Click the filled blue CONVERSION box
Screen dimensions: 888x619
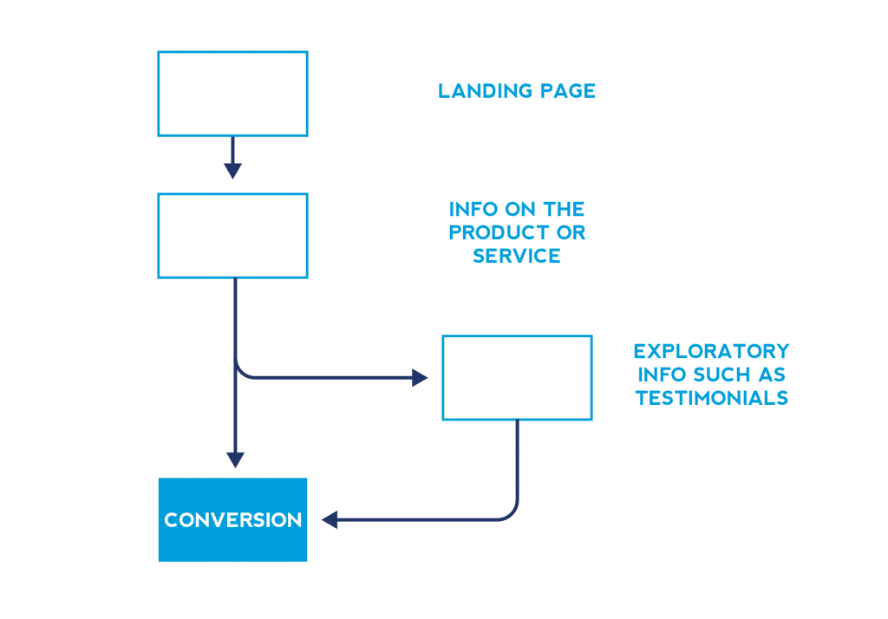232,520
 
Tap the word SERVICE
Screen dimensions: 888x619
517,256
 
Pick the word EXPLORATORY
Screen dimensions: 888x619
711,351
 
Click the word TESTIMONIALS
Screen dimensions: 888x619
712,398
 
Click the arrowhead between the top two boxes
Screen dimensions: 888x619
232,171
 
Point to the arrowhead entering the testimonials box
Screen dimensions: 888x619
420,378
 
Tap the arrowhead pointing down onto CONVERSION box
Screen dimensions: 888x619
235,459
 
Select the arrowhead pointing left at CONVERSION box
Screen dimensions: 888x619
330,519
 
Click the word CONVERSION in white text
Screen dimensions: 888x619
232,520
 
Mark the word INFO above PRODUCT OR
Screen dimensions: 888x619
473,210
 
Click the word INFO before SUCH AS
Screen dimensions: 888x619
663,375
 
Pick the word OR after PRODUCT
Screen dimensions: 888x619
571,232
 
